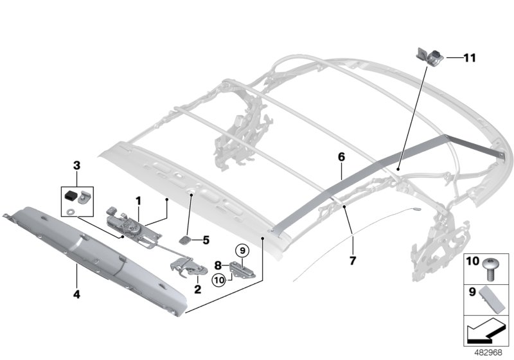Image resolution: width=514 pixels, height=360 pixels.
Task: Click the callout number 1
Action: tap(138, 201)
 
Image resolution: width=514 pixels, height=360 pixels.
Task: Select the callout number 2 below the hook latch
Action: tap(197, 289)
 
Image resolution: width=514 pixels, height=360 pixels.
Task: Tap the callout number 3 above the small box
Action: tap(77, 166)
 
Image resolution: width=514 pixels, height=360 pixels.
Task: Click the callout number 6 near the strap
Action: tap(341, 156)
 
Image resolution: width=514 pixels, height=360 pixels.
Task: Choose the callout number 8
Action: tap(218, 264)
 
